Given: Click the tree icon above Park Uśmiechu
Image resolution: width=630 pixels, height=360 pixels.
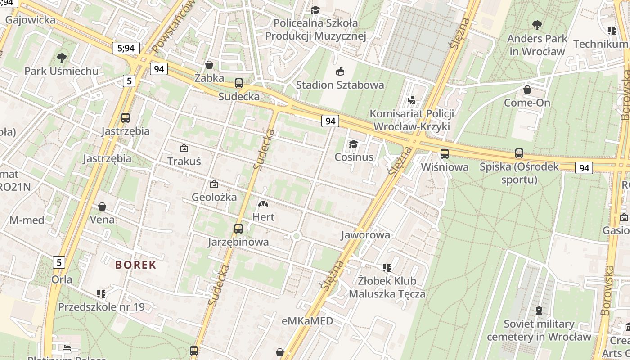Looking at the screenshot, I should click(x=62, y=58).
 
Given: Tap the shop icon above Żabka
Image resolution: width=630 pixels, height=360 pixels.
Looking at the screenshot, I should click(x=209, y=65).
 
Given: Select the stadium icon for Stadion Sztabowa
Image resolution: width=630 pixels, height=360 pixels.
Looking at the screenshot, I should click(x=340, y=72).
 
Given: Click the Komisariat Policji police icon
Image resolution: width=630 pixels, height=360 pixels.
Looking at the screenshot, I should click(x=411, y=100).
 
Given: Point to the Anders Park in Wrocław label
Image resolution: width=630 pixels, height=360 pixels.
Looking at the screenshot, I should click(x=537, y=45).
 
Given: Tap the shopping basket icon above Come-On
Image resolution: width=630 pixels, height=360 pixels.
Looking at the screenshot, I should click(x=527, y=90).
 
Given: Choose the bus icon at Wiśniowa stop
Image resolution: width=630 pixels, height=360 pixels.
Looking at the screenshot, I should click(x=445, y=154).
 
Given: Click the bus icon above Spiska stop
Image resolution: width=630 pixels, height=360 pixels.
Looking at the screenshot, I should click(x=519, y=153).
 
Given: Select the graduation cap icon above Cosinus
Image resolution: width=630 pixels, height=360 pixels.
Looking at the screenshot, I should click(x=354, y=144).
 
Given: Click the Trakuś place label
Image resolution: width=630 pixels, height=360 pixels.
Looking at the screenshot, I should click(x=184, y=161).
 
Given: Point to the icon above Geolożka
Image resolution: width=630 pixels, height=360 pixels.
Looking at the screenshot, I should click(x=214, y=184).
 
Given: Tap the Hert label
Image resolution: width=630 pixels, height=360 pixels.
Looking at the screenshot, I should click(x=264, y=217).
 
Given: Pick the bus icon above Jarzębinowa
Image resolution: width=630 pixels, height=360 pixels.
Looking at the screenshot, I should click(x=238, y=229).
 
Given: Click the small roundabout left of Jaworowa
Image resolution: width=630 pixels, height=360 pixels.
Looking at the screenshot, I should click(x=296, y=236).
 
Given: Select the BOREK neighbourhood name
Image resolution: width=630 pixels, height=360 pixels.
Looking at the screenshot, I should click(x=135, y=265).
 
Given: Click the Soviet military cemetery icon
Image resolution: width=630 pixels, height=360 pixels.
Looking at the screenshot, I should click(x=539, y=310).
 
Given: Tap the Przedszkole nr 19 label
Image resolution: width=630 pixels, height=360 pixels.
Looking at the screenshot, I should click(x=102, y=307).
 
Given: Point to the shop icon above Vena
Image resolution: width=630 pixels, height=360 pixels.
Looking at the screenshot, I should click(x=102, y=207).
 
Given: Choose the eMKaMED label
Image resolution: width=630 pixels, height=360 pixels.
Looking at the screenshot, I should click(x=308, y=321).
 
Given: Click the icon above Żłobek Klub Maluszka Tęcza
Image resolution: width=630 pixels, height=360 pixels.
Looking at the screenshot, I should click(x=387, y=268).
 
